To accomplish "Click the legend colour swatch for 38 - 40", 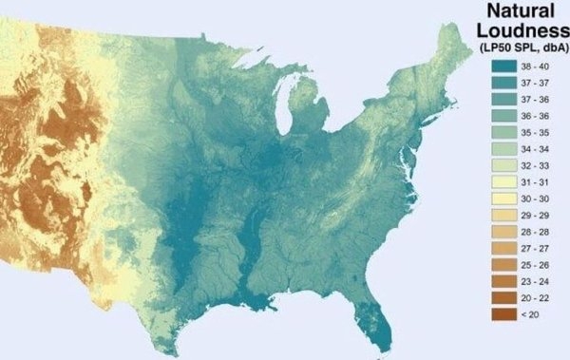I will click(503, 66).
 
